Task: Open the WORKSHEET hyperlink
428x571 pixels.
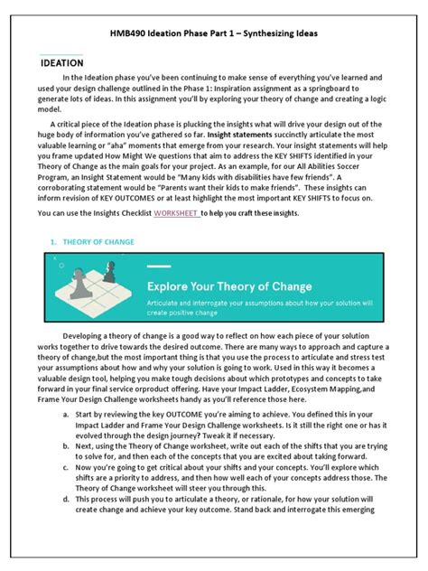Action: (176, 213)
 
